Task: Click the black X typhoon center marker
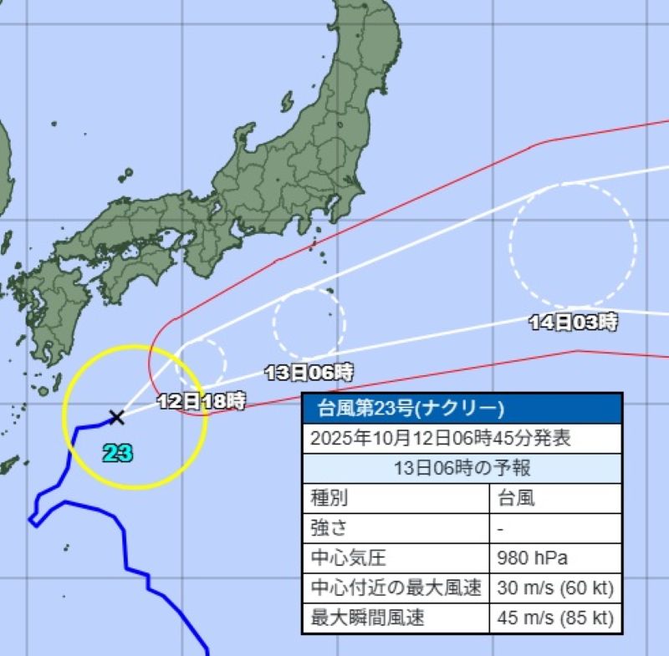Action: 116,416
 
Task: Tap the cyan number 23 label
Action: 118,454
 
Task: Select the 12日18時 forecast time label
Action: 202,401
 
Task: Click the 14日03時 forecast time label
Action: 574,322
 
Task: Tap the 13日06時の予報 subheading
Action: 462,468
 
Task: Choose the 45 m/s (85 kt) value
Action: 554,618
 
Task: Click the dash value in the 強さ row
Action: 498,528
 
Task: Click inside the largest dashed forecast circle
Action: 573,245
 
